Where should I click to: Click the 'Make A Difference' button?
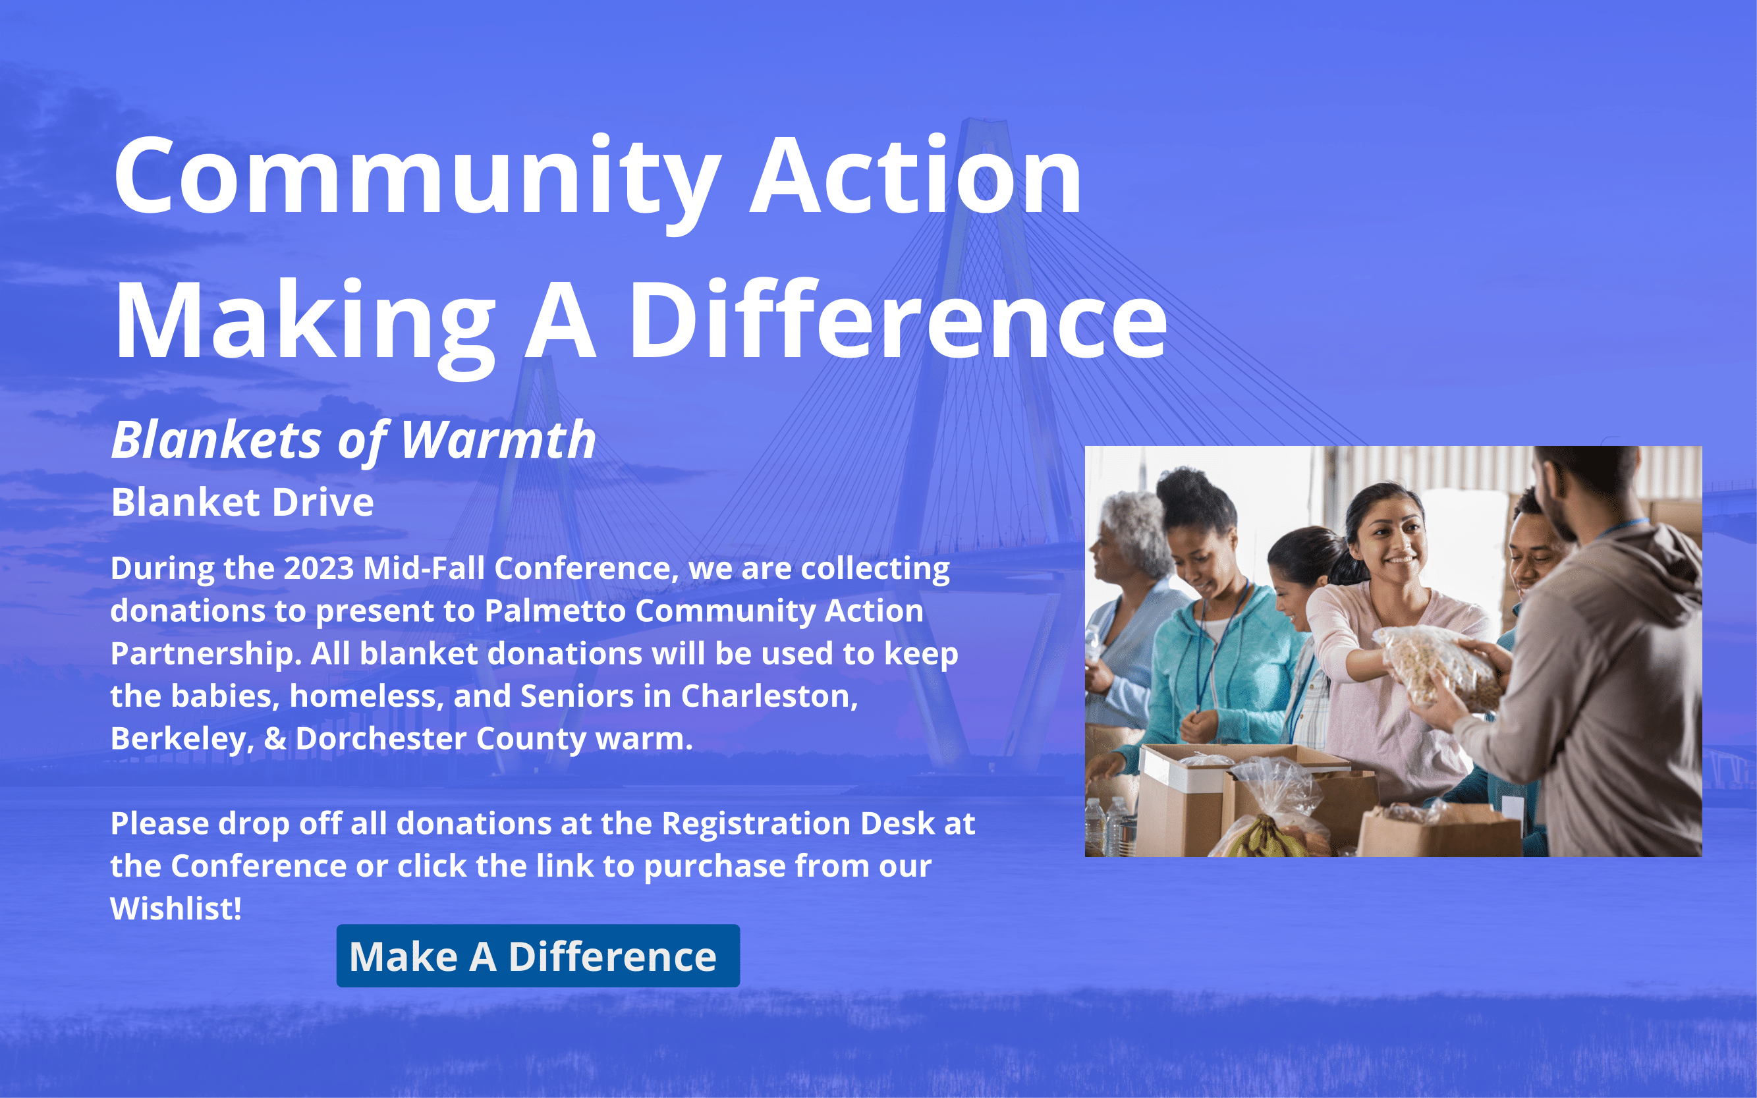coord(538,956)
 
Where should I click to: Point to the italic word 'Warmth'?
coord(498,440)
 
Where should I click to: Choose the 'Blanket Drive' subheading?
coord(242,502)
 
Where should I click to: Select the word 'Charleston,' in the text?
coord(769,696)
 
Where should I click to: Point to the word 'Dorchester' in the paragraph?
coord(381,738)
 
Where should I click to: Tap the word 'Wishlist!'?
coord(176,908)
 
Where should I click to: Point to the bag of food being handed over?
coord(1442,667)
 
